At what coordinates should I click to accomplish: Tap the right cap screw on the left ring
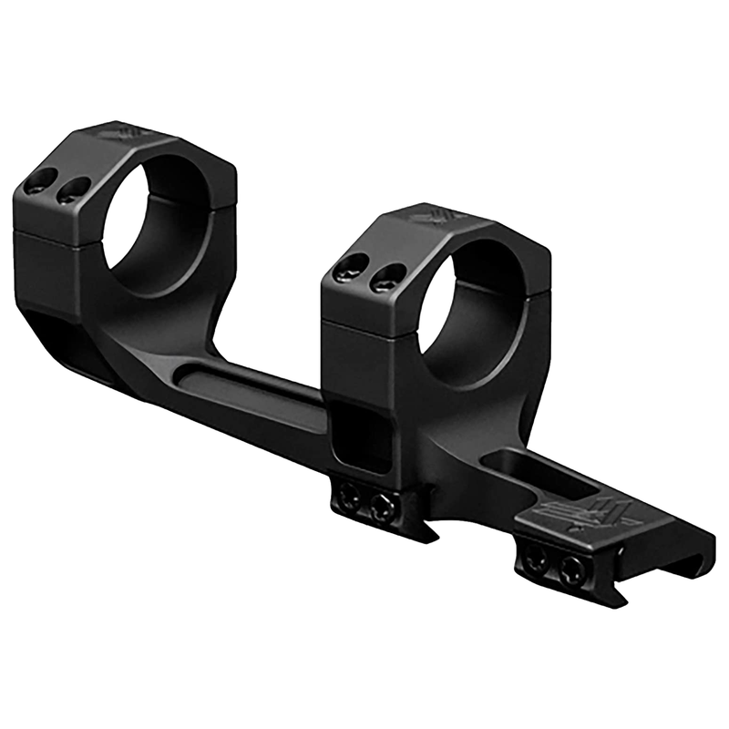72,190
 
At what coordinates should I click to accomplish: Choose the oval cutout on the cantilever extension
529,473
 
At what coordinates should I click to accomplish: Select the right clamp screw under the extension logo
571,571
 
